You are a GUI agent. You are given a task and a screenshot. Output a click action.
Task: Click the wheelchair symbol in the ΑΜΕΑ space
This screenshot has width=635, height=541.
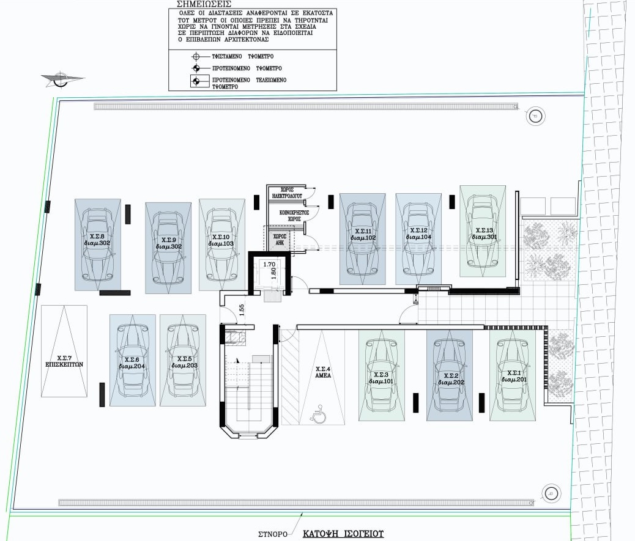[319, 416]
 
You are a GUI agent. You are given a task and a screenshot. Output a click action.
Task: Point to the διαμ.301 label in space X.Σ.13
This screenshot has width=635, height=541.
[483, 237]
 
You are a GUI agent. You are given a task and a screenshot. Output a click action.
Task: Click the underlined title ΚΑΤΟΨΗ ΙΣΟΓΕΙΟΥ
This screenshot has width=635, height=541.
[343, 534]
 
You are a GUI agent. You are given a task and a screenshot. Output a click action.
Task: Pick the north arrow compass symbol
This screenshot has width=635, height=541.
[60, 78]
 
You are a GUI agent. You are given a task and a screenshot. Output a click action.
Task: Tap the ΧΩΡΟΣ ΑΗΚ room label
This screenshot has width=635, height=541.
[280, 238]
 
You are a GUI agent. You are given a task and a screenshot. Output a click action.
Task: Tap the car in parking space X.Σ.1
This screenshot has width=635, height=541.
[513, 375]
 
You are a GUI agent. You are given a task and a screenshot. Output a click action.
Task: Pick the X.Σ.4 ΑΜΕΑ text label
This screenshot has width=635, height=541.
[322, 373]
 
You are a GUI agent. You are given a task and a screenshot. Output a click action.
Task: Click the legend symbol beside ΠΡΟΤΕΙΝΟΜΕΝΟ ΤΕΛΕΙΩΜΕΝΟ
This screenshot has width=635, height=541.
[196, 80]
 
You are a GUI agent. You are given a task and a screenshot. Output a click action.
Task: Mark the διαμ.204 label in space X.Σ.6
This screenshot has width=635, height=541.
[132, 367]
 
